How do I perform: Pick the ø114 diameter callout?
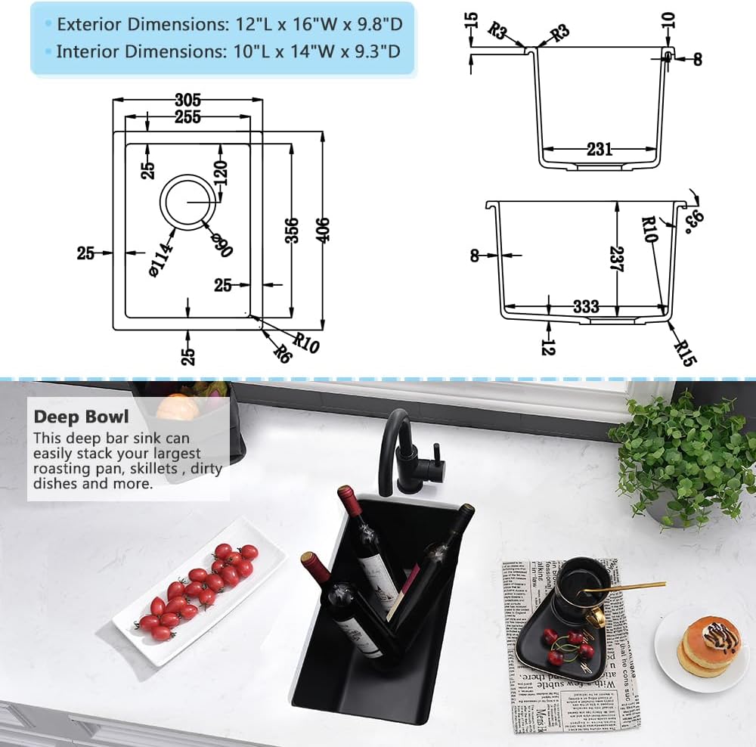(x=163, y=257)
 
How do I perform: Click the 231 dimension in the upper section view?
(x=599, y=149)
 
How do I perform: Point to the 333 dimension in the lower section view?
(x=586, y=306)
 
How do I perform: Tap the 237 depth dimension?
(x=618, y=262)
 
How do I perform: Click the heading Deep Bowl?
(x=81, y=417)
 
